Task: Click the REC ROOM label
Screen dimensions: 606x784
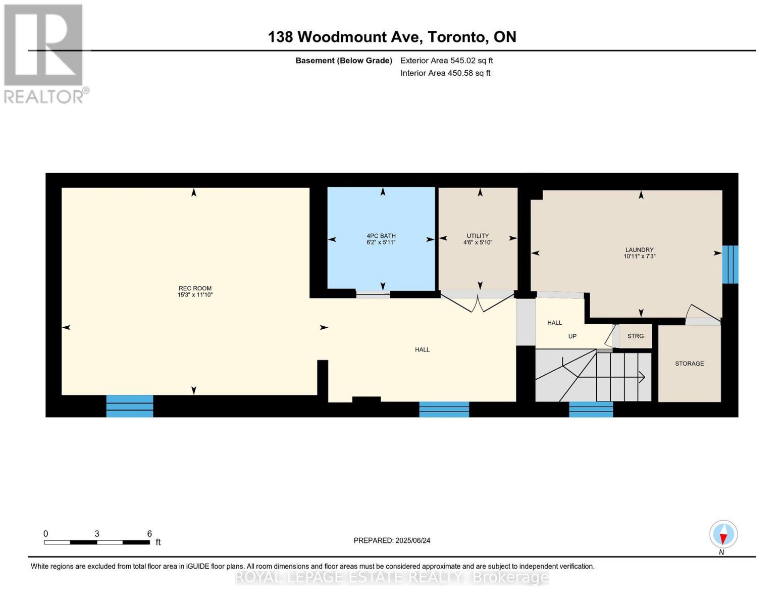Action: click(195, 288)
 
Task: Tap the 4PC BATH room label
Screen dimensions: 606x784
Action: click(381, 236)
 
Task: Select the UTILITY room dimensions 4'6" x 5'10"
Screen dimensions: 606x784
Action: click(478, 242)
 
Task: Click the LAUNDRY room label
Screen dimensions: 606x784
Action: click(639, 250)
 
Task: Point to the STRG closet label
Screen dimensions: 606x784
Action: click(635, 336)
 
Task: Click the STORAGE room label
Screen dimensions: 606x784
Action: click(689, 364)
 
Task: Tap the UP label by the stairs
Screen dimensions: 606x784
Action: click(572, 336)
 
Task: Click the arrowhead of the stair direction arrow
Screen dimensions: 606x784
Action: click(642, 377)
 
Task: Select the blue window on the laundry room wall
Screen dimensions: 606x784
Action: click(730, 265)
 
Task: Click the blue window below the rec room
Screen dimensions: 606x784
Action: click(130, 406)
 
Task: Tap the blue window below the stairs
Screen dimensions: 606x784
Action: click(591, 409)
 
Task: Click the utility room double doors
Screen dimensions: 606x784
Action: click(478, 302)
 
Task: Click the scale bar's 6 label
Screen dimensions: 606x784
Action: click(149, 534)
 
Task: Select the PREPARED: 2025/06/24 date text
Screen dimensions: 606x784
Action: click(392, 540)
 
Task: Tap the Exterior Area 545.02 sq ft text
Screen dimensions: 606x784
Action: click(446, 61)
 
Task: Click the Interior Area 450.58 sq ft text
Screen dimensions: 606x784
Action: click(445, 73)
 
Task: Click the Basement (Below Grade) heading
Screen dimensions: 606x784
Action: click(343, 61)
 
